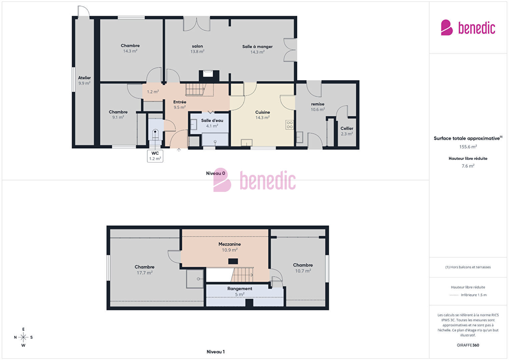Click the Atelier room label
[x=84, y=78]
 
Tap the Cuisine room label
[x=263, y=112]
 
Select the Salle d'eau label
[x=212, y=120]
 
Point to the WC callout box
[x=155, y=156]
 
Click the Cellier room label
[x=347, y=128]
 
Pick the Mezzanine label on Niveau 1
[x=229, y=244]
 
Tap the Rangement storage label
[x=240, y=289]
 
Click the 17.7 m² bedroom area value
[x=144, y=273]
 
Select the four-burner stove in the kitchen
[x=290, y=125]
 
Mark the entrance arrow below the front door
[x=179, y=150]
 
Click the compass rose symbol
[x=23, y=337]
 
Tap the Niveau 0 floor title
[x=215, y=173]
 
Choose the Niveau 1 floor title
[x=215, y=352]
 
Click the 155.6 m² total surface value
[x=468, y=147]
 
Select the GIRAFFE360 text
[x=468, y=345]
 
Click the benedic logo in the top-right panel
[x=468, y=28]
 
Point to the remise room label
[x=318, y=104]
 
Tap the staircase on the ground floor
[x=196, y=89]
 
